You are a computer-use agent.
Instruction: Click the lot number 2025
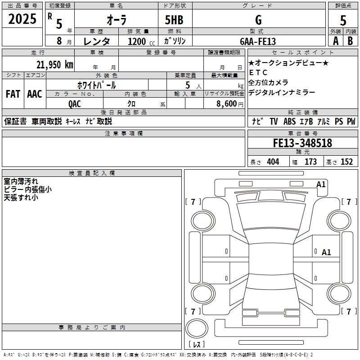pos(22,19)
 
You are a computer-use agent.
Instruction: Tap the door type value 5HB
pos(174,20)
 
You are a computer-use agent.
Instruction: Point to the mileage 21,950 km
pos(54,64)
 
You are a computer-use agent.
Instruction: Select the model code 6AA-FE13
pos(258,41)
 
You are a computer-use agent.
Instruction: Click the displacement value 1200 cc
pos(139,41)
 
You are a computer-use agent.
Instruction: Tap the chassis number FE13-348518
pos(302,143)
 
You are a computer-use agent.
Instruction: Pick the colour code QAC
pos(75,103)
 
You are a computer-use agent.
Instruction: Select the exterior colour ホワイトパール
pos(96,85)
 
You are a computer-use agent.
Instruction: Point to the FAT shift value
pos(13,94)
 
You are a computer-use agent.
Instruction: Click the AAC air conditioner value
pos(34,94)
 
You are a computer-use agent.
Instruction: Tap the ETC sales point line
pos(258,72)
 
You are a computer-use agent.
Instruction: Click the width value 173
pos(310,162)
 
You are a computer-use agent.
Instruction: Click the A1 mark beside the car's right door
pos(326,252)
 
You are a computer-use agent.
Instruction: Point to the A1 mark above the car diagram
pos(321,184)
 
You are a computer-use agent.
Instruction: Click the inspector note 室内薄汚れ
pos(21,181)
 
